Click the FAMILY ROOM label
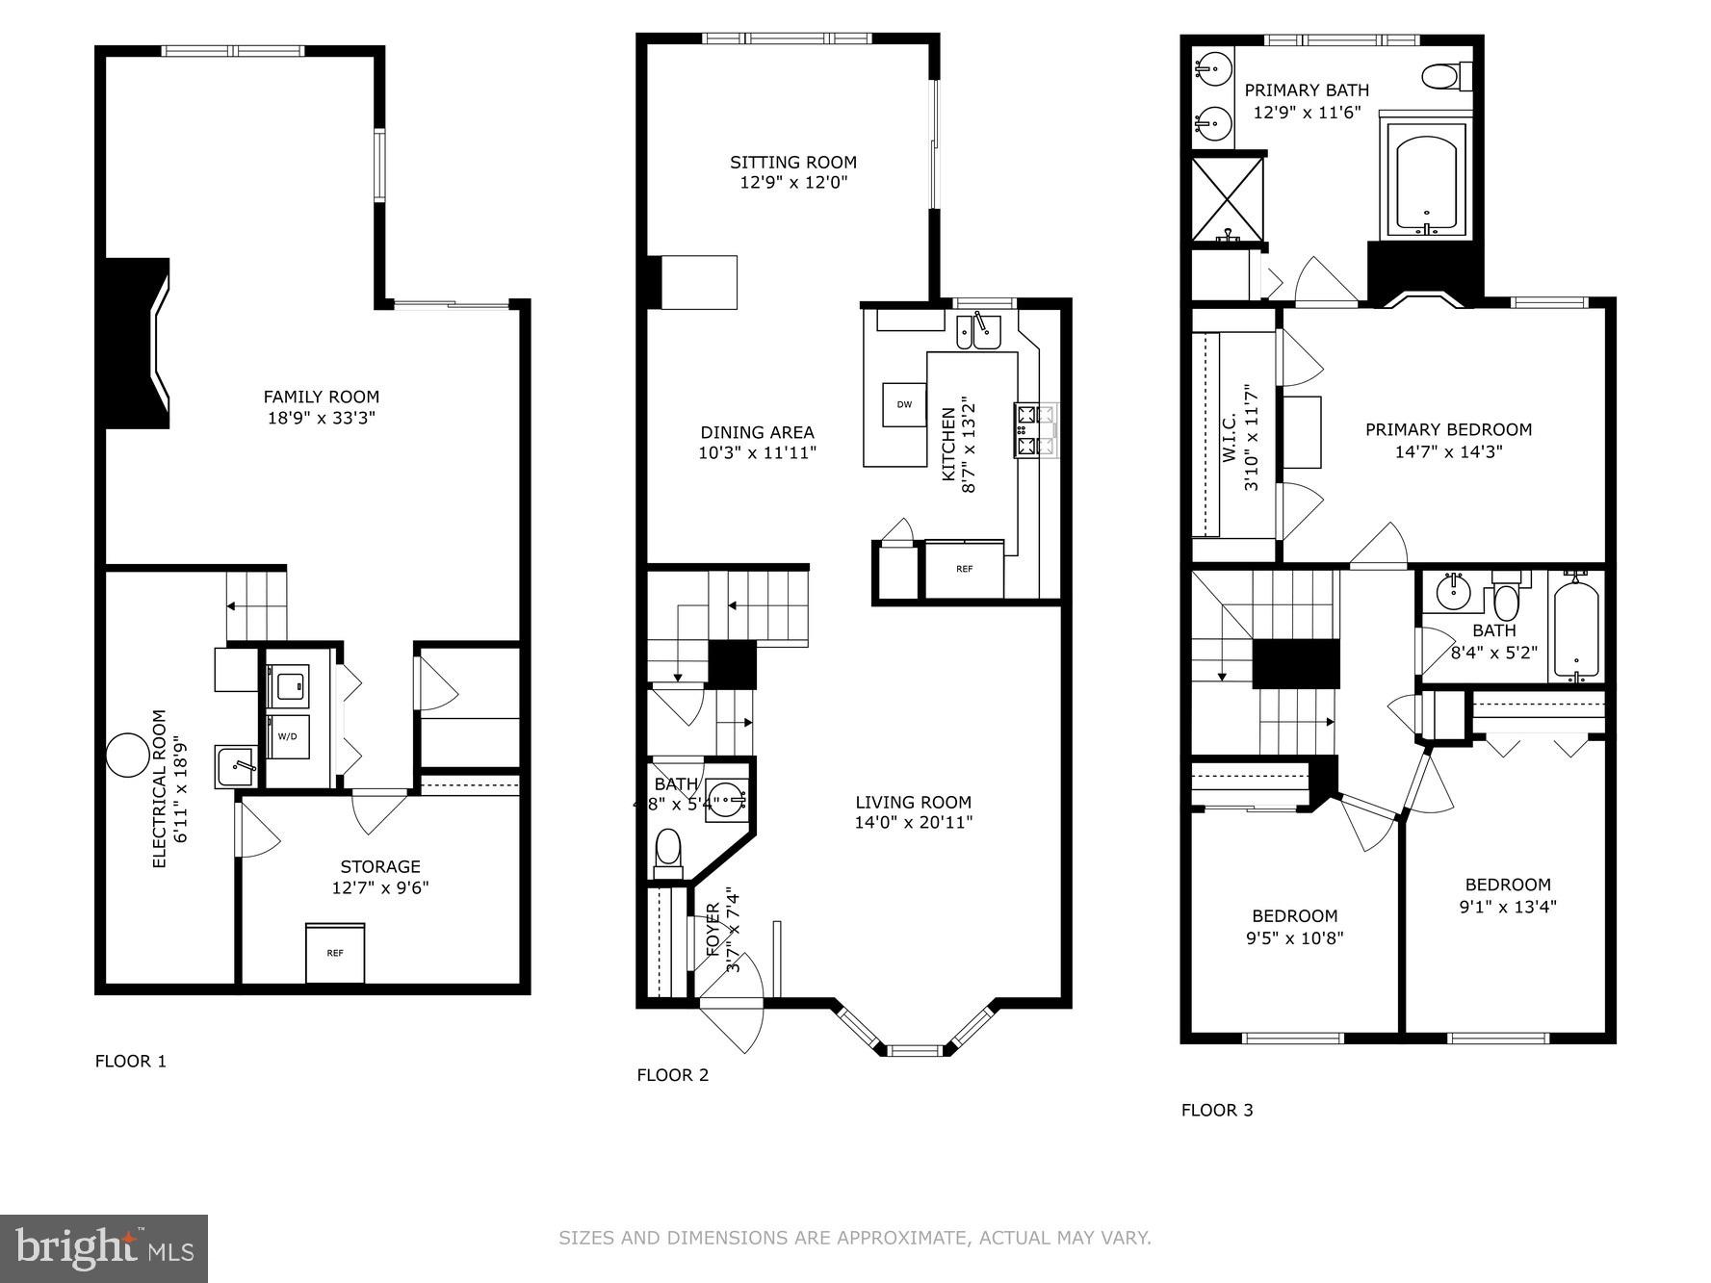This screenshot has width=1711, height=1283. (x=322, y=397)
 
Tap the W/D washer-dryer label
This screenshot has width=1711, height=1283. (x=288, y=736)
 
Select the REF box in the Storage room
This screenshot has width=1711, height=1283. (x=335, y=953)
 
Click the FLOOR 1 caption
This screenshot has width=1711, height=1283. (x=131, y=1061)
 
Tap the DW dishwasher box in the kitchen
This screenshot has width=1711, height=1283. (x=904, y=404)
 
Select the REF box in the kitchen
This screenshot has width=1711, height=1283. (x=964, y=569)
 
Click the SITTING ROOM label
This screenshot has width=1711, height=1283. (x=792, y=162)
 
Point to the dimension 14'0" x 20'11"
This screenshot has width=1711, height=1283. (x=913, y=823)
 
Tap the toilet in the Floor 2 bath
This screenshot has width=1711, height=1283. (x=667, y=853)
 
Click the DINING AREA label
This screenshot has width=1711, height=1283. (x=757, y=432)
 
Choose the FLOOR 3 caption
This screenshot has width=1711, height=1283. (x=1217, y=1110)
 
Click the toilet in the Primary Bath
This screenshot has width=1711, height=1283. (x=1445, y=75)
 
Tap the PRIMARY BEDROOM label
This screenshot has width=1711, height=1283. (x=1448, y=429)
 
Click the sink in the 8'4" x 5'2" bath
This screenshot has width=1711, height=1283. (x=1452, y=593)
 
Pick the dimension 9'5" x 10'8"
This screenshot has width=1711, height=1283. (x=1294, y=937)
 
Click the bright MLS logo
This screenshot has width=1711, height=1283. (x=104, y=1248)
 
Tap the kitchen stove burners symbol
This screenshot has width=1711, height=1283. (x=1035, y=430)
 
